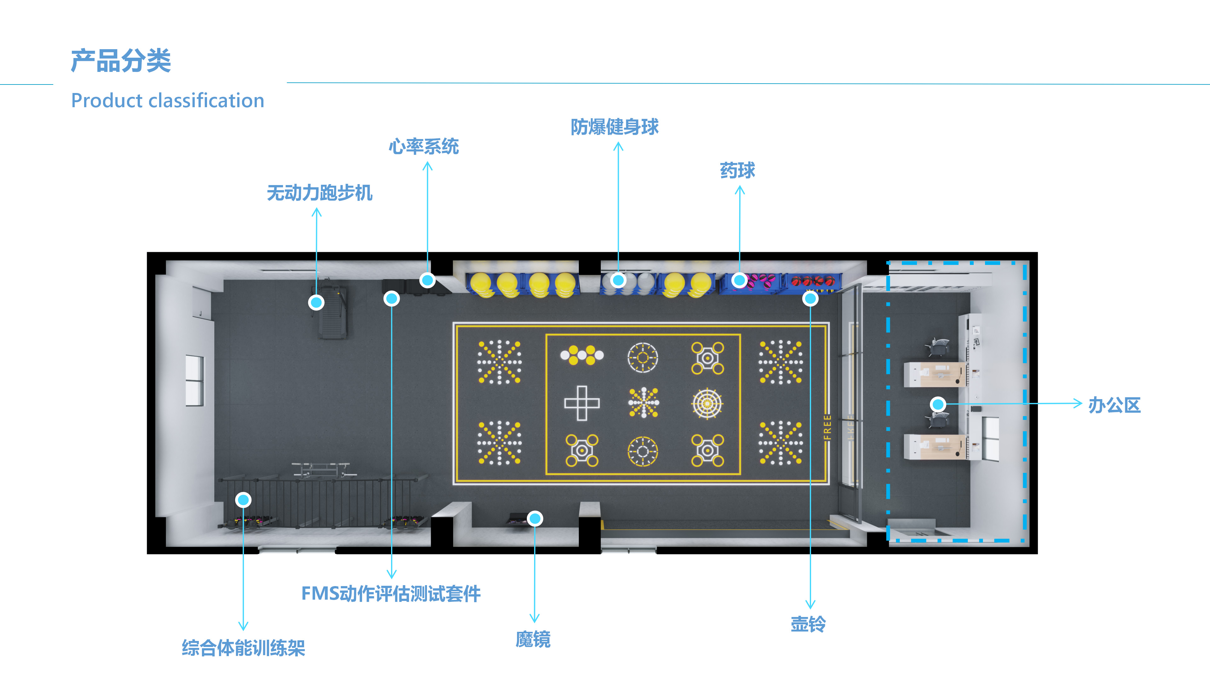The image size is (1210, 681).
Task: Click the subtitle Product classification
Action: [168, 101]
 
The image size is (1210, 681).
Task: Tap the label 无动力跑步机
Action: [320, 193]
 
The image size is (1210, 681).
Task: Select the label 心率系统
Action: [424, 147]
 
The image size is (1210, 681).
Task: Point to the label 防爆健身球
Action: [614, 127]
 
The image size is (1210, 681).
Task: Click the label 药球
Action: [737, 170]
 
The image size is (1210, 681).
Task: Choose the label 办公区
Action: [1114, 405]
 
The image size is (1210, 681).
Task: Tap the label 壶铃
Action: [808, 624]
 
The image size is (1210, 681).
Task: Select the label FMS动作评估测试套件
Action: [391, 594]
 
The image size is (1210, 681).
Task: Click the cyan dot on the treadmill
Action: [316, 302]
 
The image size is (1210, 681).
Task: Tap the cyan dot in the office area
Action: [938, 404]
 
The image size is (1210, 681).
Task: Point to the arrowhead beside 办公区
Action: [1078, 403]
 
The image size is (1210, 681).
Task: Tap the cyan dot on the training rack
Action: [243, 500]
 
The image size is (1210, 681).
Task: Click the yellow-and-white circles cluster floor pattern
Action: [582, 355]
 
